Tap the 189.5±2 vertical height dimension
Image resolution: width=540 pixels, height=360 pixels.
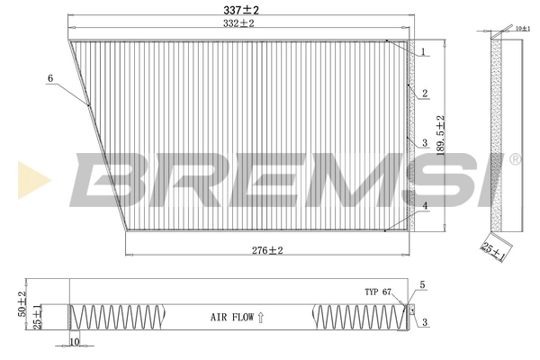coord(440,135)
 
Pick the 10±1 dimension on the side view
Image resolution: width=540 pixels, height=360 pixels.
coord(524,30)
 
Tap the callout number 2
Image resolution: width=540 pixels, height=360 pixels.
coord(422,92)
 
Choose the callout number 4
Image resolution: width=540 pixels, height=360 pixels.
coord(422,206)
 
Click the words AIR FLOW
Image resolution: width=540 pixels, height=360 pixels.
coord(231,317)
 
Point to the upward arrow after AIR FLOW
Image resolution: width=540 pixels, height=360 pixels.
coord(261,317)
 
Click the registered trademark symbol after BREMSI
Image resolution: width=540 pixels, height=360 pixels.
coord(515,159)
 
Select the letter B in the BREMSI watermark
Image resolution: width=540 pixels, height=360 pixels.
coord(108,180)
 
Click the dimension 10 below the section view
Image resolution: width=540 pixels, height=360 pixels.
coord(74,342)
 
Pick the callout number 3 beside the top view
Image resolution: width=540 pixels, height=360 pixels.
coord(422,142)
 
